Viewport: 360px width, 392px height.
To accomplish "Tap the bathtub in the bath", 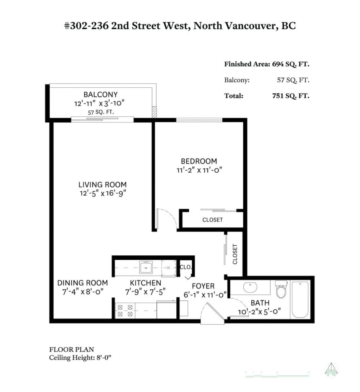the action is coord(300,299).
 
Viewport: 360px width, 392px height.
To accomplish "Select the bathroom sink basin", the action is coord(250,287).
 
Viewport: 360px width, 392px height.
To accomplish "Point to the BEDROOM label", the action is coord(199,161).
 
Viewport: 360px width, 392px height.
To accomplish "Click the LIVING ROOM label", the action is coord(103,185).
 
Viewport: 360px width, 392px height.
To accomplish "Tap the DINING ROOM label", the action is coord(82,283).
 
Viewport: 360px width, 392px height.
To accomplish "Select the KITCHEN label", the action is coord(145,283).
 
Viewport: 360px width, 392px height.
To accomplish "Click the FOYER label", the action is coord(203,286).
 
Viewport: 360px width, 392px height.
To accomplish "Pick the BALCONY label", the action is coord(101,95).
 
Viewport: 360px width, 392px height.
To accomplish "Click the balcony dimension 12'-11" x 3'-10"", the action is coord(99,103).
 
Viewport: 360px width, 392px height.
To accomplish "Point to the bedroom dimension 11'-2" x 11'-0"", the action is coord(199,170).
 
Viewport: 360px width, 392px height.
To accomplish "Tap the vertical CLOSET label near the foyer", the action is coord(235,254).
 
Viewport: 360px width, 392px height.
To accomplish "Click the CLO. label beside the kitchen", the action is coord(186,267).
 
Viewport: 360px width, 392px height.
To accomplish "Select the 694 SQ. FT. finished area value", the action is coord(290,64).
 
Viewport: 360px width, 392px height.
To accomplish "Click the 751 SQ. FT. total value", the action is coord(290,96).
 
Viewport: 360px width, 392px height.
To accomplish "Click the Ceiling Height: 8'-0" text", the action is coord(80,358).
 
